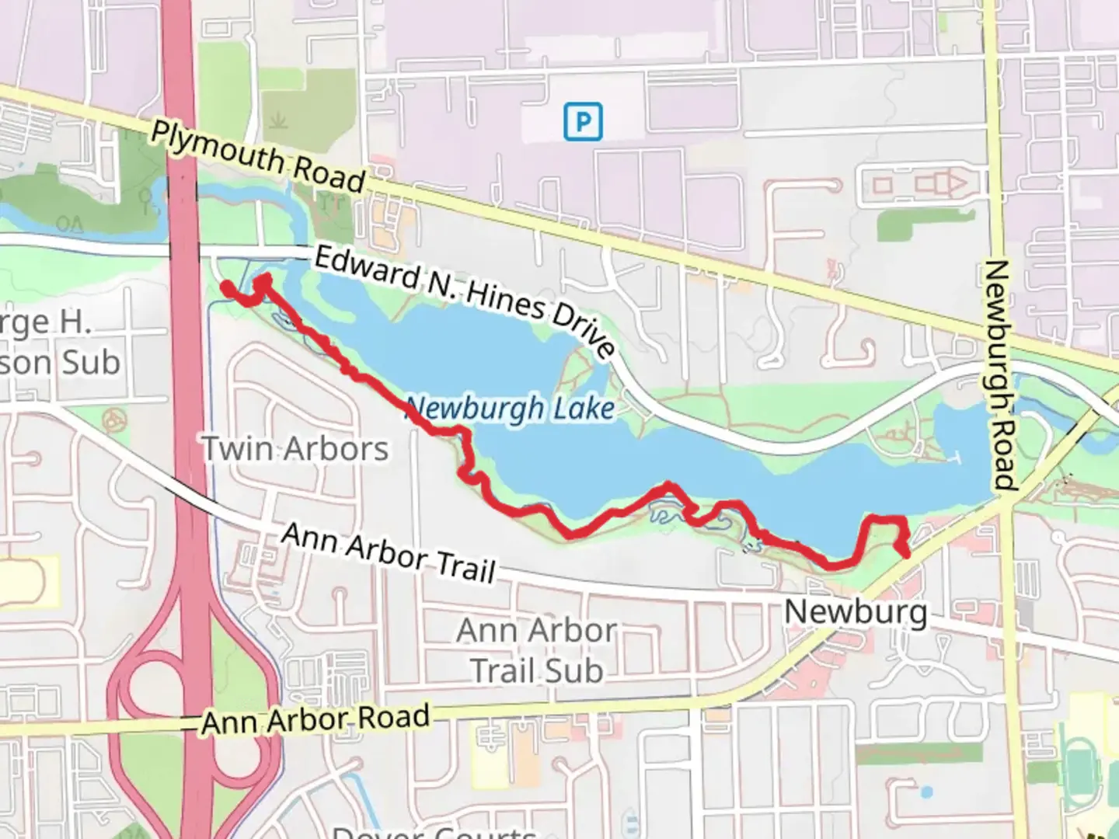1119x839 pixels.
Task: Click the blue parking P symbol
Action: coord(583,121)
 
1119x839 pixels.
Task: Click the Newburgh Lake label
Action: coord(510,409)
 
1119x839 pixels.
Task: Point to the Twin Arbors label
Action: coord(295,448)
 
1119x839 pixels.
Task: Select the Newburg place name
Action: coord(856,611)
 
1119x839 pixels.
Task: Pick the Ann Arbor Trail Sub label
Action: coord(537,650)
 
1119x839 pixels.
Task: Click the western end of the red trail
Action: coord(227,287)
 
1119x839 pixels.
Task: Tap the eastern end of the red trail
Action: coord(905,552)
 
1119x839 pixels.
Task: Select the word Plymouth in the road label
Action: coord(218,148)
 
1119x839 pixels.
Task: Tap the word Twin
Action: coord(238,448)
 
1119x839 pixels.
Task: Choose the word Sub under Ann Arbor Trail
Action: coord(574,670)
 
